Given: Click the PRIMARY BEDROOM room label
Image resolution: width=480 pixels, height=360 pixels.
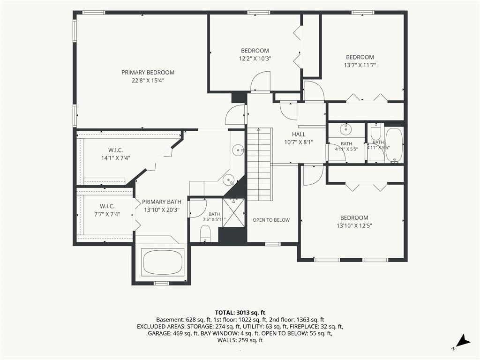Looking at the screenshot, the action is [148, 73].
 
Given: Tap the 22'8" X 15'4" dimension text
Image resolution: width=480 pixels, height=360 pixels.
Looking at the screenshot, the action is [148, 81].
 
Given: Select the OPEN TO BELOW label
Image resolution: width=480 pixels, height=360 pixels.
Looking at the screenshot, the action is [271, 220].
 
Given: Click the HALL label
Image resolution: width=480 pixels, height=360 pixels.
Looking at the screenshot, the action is [299, 134].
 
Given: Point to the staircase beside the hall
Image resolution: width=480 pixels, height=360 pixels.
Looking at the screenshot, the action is [260, 164].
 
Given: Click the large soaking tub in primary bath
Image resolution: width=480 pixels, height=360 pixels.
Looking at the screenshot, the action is [163, 262].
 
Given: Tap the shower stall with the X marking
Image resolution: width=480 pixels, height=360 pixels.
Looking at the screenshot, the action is [233, 213].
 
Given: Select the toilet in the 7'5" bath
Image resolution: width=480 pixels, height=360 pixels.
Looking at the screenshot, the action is [205, 233].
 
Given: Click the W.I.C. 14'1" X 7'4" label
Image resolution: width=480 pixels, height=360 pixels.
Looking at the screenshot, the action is [116, 154].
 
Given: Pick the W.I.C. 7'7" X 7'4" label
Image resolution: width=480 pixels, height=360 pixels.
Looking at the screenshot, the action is [107, 210].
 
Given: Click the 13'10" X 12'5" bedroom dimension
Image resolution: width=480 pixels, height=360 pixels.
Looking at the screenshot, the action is [354, 226].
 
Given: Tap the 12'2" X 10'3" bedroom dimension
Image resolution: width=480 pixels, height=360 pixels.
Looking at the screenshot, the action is [255, 59].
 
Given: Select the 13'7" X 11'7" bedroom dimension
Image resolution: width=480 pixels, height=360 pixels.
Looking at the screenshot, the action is [360, 65].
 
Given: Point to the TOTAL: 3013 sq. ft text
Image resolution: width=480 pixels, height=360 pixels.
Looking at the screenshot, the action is [240, 313].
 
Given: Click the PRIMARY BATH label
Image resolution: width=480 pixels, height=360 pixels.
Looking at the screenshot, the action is [162, 202].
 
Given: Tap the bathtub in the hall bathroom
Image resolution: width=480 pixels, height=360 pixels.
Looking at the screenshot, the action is [394, 145].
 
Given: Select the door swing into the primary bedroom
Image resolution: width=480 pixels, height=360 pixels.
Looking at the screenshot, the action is [235, 114].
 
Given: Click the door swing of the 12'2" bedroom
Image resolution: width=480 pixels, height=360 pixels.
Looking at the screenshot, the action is [260, 81].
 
